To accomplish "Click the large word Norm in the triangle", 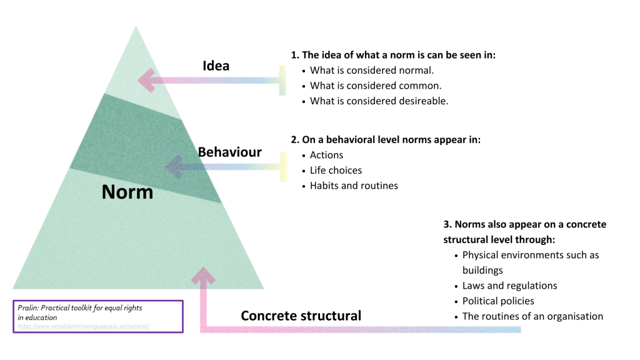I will (x=127, y=192).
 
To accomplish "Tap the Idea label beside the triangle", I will (x=216, y=66).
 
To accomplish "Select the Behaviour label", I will (x=229, y=152).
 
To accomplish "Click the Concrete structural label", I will (x=301, y=316).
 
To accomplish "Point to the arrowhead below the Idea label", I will (x=147, y=80).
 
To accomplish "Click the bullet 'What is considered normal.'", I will (x=371, y=70).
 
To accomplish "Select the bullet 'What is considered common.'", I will (x=376, y=86).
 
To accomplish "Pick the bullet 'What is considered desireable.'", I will (x=379, y=101).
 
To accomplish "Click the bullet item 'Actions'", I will (x=326, y=155).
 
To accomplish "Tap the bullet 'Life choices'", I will (x=336, y=170).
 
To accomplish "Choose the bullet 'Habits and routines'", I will (x=354, y=186).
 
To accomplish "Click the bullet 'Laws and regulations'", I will (x=509, y=286).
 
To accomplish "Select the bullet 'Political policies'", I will (x=498, y=301).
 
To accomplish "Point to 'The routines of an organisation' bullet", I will (x=532, y=316).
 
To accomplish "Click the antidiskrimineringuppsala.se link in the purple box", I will (x=84, y=326).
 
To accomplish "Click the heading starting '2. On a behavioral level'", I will (x=386, y=140).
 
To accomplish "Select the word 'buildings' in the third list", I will (x=482, y=270).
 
